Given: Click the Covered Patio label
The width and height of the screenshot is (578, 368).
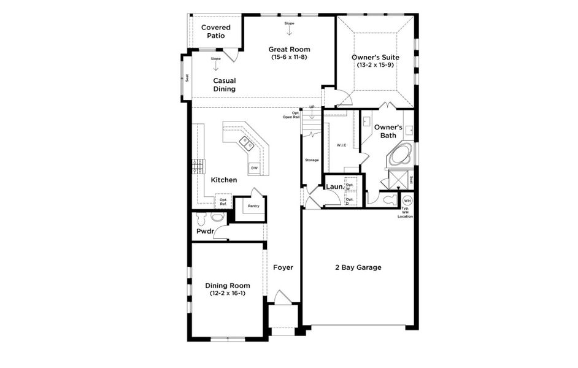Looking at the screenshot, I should [x=215, y=31].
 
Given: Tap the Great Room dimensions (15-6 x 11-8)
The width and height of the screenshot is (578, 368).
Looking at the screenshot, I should [x=289, y=57].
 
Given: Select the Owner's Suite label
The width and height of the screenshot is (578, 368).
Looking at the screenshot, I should [x=375, y=57].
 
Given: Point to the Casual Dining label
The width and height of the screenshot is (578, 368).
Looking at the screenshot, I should [x=224, y=85].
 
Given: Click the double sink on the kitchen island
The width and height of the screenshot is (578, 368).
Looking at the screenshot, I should [x=247, y=144].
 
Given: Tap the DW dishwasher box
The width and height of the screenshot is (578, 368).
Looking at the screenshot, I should [x=253, y=167].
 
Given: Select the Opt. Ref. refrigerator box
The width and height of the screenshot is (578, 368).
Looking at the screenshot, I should [x=223, y=202].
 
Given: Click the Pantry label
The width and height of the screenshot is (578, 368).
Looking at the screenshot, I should [x=253, y=206].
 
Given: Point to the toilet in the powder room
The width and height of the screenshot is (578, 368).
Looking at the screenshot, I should [x=217, y=218].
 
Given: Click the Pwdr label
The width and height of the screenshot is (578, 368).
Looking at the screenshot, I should [x=204, y=232].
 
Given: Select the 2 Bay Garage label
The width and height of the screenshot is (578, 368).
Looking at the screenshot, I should [x=358, y=267].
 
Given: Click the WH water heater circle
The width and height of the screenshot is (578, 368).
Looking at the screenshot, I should [x=406, y=201].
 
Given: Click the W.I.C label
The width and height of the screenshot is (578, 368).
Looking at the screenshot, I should [x=342, y=145].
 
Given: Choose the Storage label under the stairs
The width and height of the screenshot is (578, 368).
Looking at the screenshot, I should [x=312, y=160].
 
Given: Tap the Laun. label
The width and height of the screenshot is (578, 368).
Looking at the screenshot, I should [x=334, y=186].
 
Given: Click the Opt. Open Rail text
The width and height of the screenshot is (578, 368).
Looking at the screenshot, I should [x=291, y=115].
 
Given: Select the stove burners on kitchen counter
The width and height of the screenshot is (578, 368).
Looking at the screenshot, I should [x=198, y=166].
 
